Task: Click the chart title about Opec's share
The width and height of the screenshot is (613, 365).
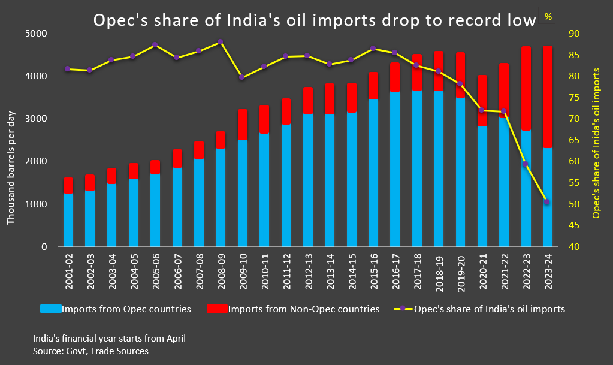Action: (313, 21)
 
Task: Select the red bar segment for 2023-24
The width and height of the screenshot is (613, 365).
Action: (547, 96)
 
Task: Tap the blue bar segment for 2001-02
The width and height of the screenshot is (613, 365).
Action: (68, 219)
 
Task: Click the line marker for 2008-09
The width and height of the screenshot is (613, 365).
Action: (220, 42)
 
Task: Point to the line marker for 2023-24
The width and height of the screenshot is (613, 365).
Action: (546, 202)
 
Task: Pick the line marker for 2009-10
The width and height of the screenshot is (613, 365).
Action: (241, 77)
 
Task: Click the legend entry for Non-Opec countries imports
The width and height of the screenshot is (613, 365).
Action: (292, 309)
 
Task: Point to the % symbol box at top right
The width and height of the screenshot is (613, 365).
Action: (548, 16)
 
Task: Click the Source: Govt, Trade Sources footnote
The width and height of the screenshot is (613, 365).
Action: (90, 351)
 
